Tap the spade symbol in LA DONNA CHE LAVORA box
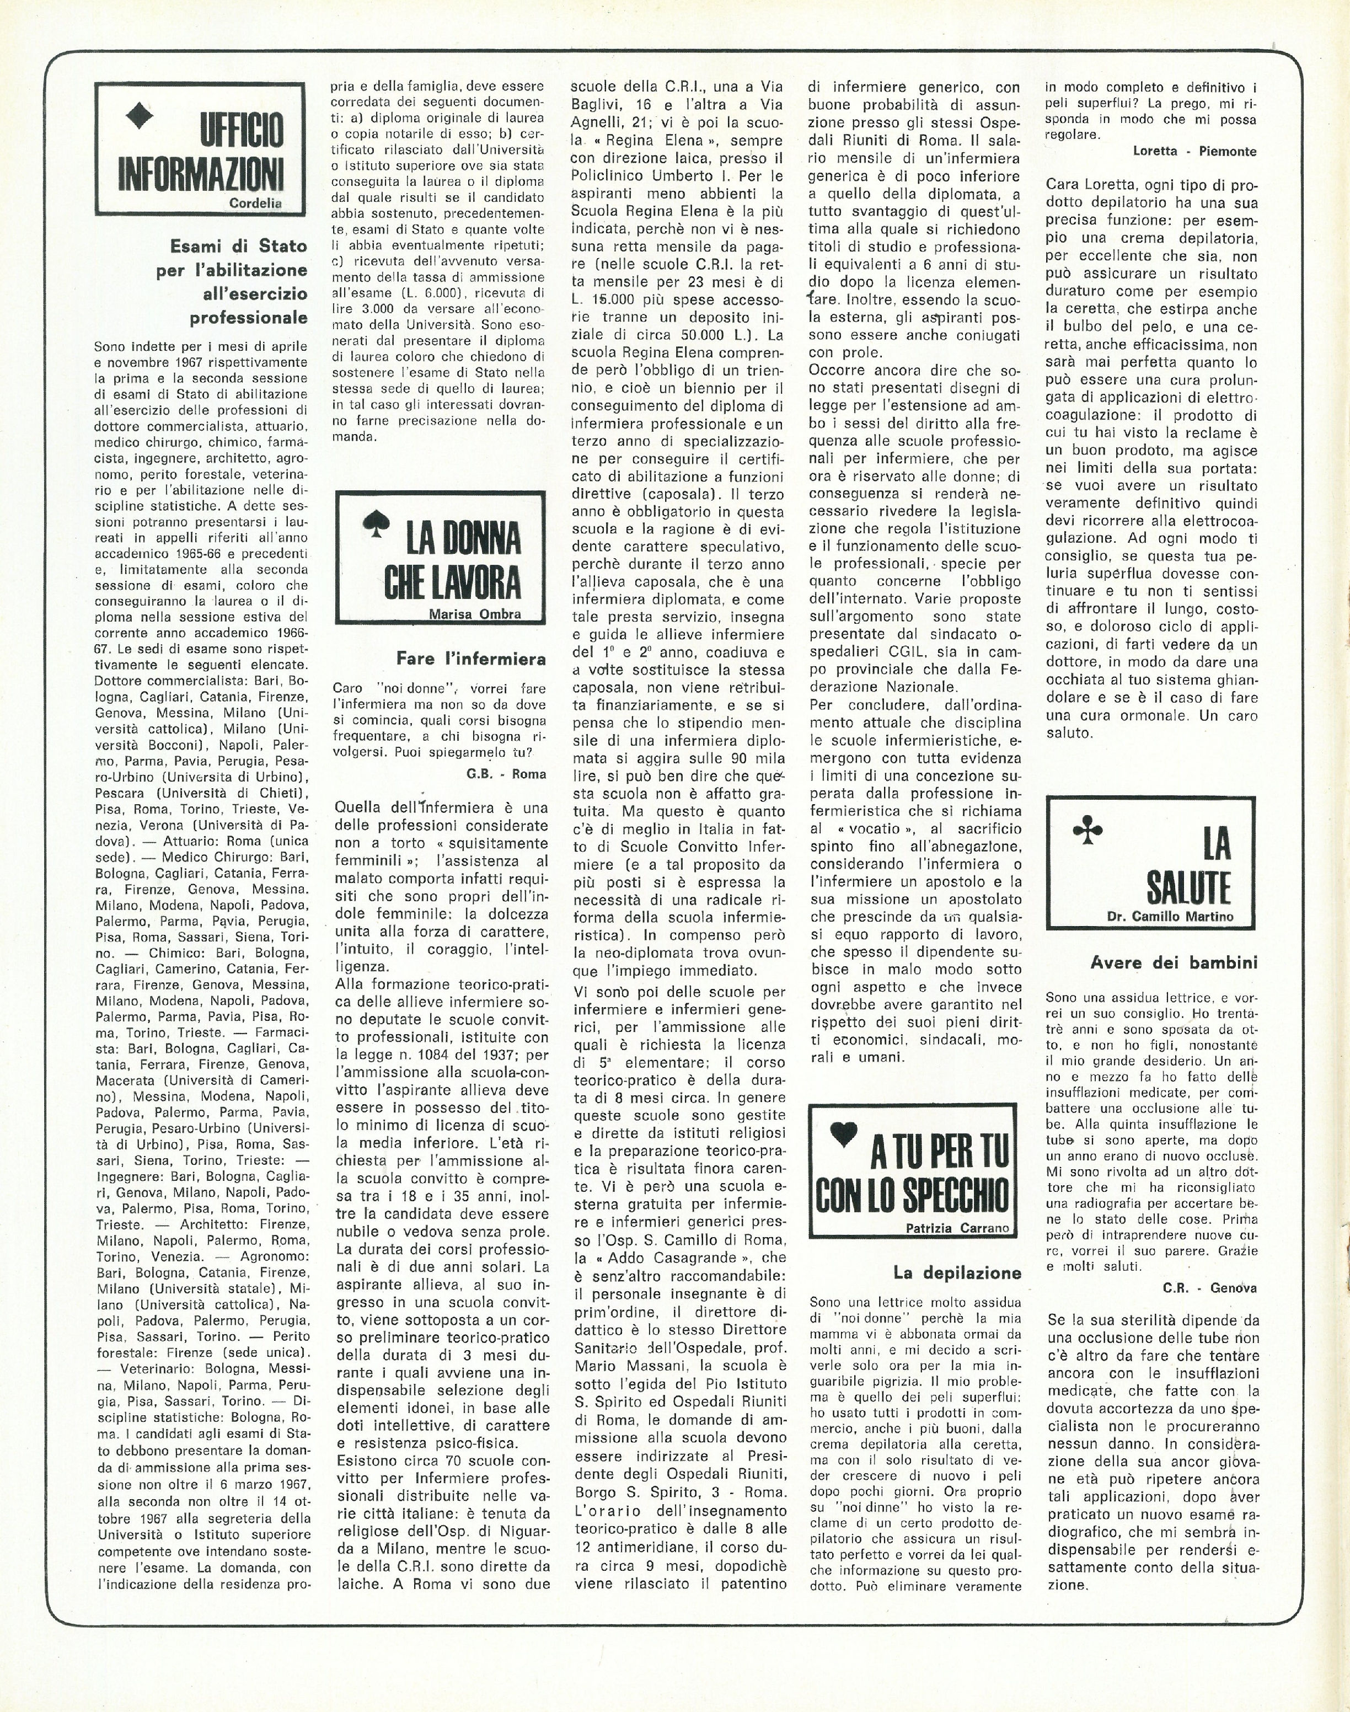click(x=371, y=523)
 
